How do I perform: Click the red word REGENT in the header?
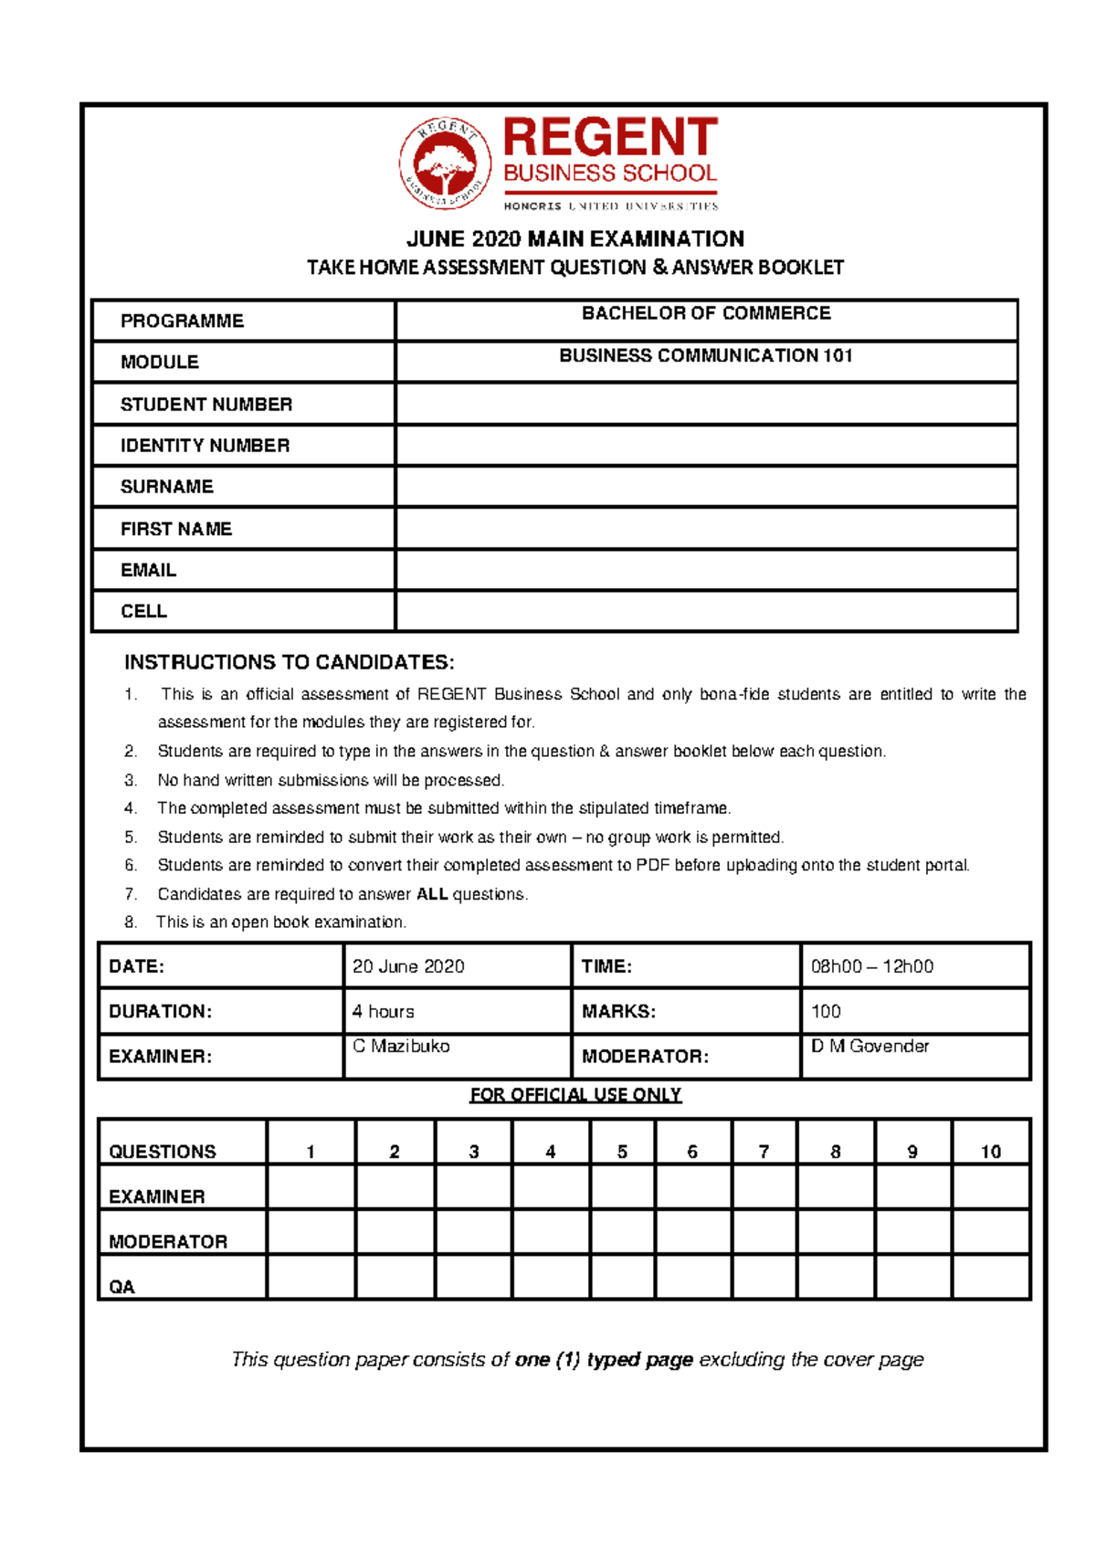[609, 138]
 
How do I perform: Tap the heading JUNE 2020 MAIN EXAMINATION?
[575, 239]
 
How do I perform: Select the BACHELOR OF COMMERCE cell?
[706, 314]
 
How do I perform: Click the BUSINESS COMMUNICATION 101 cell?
[706, 356]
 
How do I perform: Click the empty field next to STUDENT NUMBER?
[706, 404]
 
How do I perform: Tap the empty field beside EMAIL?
[706, 570]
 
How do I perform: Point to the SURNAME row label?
[167, 487]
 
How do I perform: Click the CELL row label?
[143, 611]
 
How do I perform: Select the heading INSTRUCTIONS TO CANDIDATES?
[289, 662]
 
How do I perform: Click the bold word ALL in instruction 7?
[432, 894]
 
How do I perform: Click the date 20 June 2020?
[408, 966]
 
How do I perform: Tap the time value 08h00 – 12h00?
[871, 966]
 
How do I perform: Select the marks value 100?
[826, 1011]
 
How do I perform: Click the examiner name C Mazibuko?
[401, 1047]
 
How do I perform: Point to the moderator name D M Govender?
[869, 1047]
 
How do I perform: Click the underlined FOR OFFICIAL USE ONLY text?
[575, 1094]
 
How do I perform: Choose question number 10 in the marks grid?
[991, 1152]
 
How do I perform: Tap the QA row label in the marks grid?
[121, 1287]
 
